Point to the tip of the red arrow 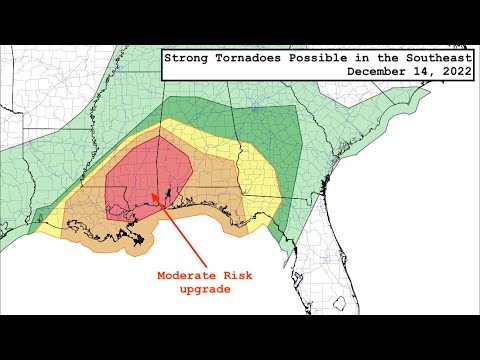(x=151, y=195)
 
